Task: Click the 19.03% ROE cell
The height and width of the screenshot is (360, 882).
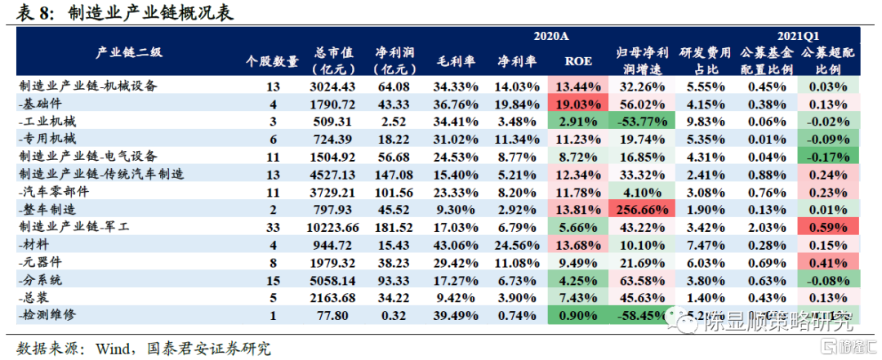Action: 578,104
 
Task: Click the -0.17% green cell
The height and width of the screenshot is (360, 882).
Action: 828,156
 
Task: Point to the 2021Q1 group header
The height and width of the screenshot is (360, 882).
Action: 799,36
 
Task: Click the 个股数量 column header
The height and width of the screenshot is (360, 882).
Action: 273,61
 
